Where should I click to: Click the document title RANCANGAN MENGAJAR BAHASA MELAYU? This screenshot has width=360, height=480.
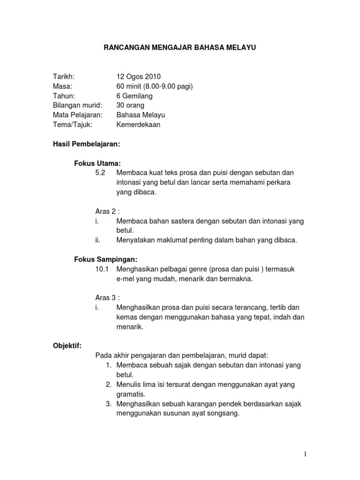[180, 47]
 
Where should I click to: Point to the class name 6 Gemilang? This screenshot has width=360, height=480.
[134, 96]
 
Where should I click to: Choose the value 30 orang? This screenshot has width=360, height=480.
[131, 105]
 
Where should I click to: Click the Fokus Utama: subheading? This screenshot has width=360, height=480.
[97, 163]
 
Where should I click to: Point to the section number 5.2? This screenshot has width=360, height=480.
[100, 173]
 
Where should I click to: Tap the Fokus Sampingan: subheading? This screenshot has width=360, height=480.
[106, 259]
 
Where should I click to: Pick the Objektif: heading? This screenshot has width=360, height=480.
[67, 345]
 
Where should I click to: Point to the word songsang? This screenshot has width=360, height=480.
[224, 413]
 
